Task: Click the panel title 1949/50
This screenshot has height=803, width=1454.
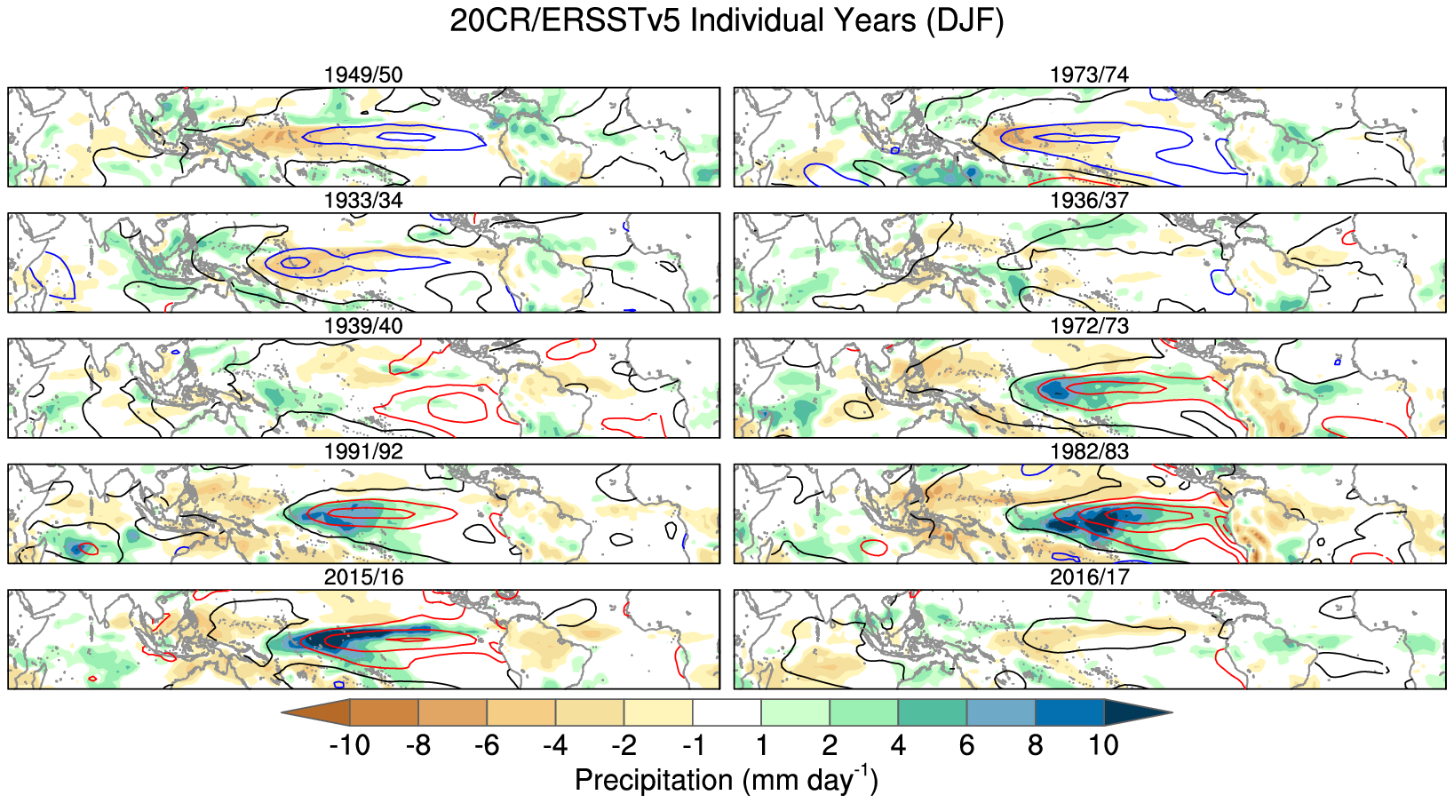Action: tap(363, 75)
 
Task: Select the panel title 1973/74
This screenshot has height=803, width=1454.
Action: tap(1089, 75)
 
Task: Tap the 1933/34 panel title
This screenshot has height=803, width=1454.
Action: tap(363, 201)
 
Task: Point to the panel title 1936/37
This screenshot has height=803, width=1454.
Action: tap(1089, 201)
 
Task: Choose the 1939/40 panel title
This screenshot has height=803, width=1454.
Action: tap(363, 326)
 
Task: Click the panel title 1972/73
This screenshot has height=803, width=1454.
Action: tap(1089, 326)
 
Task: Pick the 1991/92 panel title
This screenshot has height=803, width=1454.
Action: tap(363, 451)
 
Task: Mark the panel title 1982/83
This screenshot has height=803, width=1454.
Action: tap(1089, 451)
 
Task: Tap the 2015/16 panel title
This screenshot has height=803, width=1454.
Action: tap(363, 577)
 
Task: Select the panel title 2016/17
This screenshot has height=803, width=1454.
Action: tap(1089, 577)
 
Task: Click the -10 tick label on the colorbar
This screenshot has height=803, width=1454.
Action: tap(349, 744)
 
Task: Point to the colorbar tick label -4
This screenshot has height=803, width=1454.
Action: tap(555, 744)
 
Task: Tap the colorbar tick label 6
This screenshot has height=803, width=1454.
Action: tap(966, 744)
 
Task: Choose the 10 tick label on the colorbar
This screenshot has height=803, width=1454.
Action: tap(1103, 744)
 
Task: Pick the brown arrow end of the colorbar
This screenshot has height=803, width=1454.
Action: tap(318, 712)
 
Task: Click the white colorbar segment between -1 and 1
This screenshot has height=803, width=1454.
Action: tap(727, 712)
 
